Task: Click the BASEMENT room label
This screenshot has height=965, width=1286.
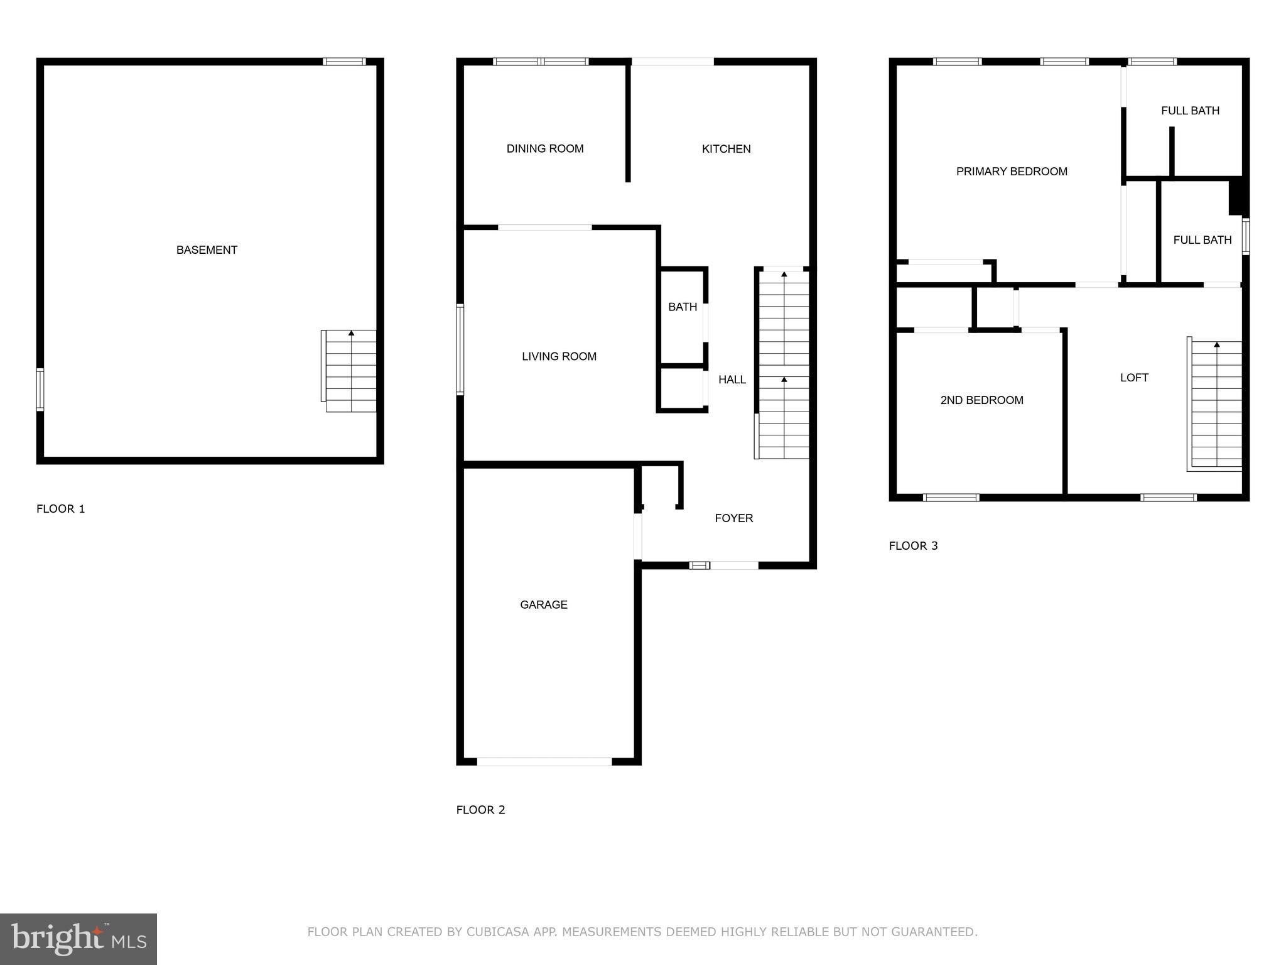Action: pyautogui.click(x=207, y=250)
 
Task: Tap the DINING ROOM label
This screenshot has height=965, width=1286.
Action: pyautogui.click(x=545, y=149)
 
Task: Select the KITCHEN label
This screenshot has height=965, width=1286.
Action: pyautogui.click(x=726, y=149)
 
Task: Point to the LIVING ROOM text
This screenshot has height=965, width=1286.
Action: pyautogui.click(x=559, y=357)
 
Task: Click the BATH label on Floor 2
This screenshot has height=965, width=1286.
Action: pyautogui.click(x=683, y=307)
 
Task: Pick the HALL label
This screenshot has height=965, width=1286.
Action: pyautogui.click(x=732, y=379)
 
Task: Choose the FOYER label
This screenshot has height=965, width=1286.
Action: pyautogui.click(x=734, y=518)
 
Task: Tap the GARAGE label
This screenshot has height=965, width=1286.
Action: pyautogui.click(x=544, y=605)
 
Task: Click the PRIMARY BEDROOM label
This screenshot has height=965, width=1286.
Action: pyautogui.click(x=1012, y=172)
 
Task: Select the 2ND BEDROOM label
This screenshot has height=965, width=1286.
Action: pyautogui.click(x=981, y=400)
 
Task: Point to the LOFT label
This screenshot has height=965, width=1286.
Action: pyautogui.click(x=1134, y=378)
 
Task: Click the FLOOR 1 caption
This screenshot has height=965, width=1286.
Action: pyautogui.click(x=61, y=509)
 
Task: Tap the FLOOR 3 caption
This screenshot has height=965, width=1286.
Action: pyautogui.click(x=913, y=546)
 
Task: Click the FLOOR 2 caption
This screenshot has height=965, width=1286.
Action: pyautogui.click(x=480, y=810)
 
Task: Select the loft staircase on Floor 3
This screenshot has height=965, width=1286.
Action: pyautogui.click(x=1216, y=405)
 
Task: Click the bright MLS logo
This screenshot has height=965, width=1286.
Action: pyautogui.click(x=78, y=939)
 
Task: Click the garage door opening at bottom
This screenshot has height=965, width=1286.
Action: pyautogui.click(x=544, y=761)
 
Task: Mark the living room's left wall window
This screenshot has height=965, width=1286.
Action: pyautogui.click(x=460, y=349)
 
